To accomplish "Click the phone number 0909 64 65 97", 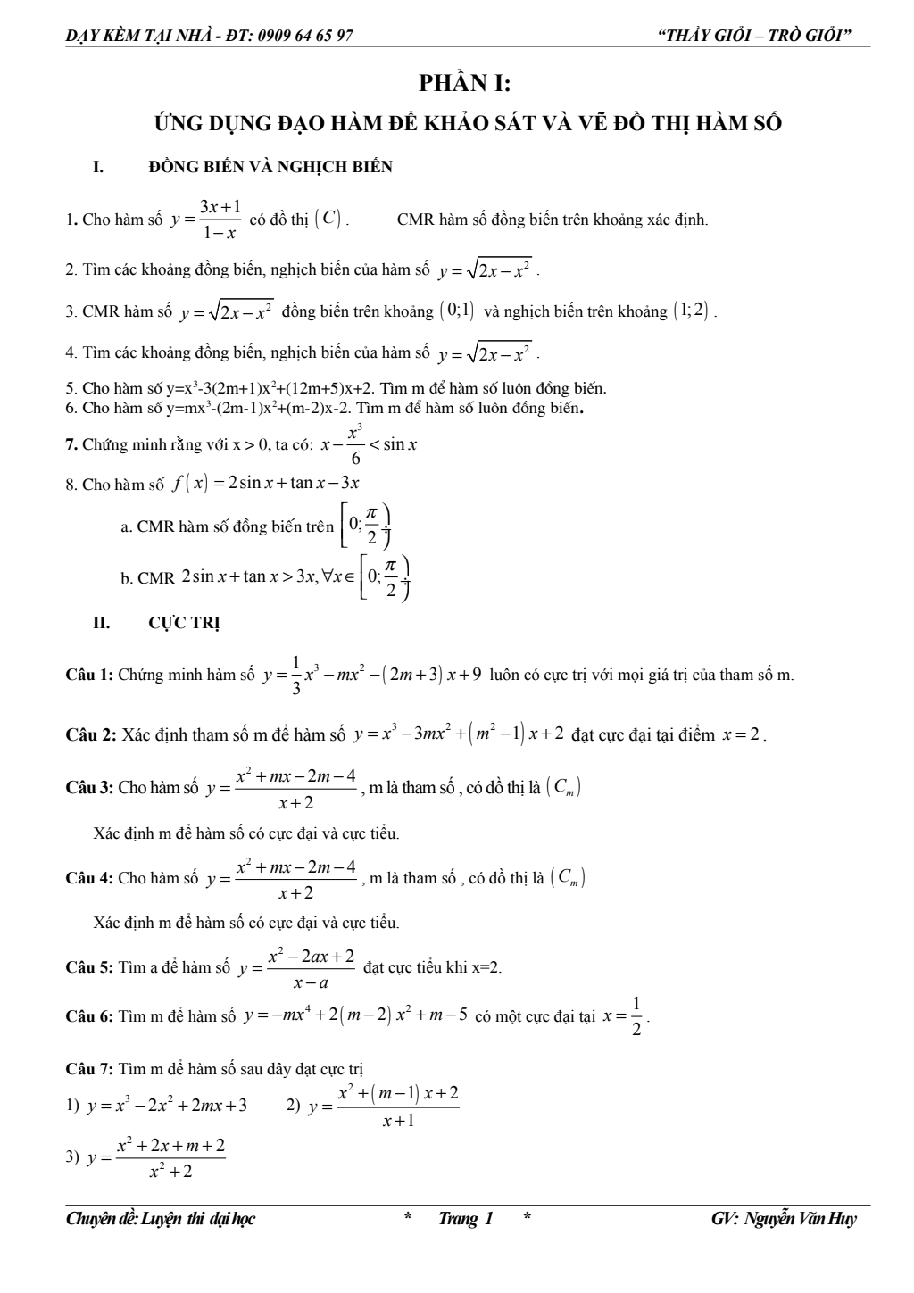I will click(x=303, y=36).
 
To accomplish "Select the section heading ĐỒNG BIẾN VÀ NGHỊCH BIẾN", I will click(x=270, y=167).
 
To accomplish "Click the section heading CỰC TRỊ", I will click(x=184, y=623).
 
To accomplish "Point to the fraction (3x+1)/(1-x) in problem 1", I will click(x=220, y=220).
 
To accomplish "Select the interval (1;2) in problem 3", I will click(x=692, y=311).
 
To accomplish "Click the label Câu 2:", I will click(x=91, y=735).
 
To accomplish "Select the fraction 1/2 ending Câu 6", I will click(x=636, y=1016).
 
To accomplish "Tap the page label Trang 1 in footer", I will click(x=465, y=1219).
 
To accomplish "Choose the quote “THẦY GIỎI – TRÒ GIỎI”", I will click(x=753, y=36).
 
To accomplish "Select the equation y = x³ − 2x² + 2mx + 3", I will click(x=167, y=1107).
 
